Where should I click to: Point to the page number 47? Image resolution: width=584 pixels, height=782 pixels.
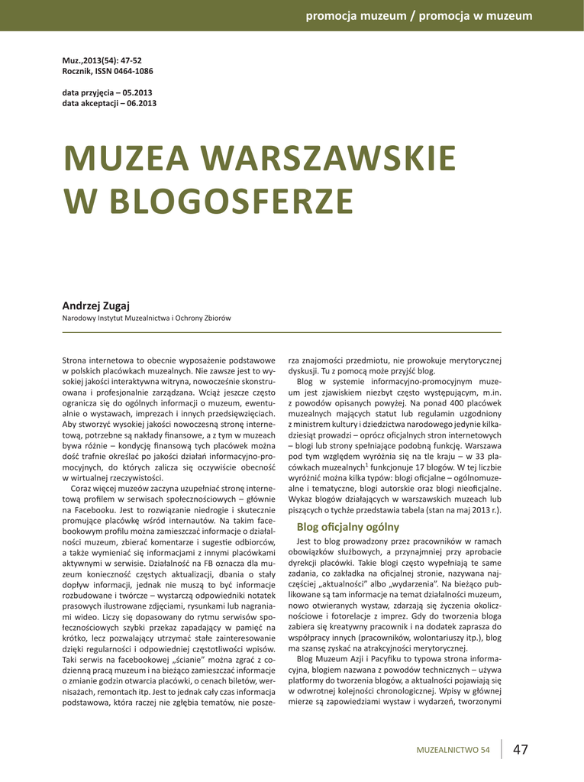tap(521, 749)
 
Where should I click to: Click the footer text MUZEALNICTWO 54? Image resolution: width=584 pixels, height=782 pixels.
tap(453, 750)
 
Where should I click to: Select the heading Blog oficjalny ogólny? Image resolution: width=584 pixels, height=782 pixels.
tap(347, 526)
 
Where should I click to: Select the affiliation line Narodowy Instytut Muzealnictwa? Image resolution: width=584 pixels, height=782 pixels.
tap(146, 318)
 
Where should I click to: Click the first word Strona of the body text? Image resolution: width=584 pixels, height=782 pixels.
tap(75, 358)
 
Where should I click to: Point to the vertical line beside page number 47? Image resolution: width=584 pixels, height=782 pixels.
tap(502, 748)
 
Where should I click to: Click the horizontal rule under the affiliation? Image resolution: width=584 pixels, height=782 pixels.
tap(281, 332)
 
